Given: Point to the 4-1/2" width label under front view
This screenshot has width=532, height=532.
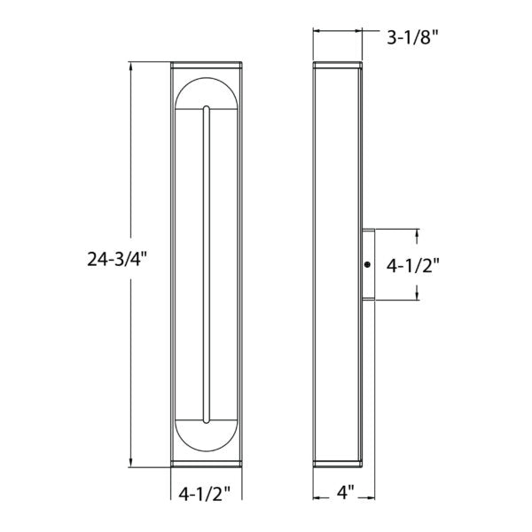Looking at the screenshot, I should tap(206, 492).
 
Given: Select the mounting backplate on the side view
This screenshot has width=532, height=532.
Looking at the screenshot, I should tap(368, 264).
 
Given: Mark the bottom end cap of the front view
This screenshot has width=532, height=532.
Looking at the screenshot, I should tap(206, 465).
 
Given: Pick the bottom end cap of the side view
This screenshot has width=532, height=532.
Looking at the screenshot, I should tap(338, 465).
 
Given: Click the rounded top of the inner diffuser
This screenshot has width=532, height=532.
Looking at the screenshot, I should tap(206, 93).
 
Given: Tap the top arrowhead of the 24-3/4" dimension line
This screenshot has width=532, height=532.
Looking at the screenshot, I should tap(131, 65).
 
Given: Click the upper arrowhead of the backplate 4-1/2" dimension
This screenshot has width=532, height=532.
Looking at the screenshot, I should tap(415, 232).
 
